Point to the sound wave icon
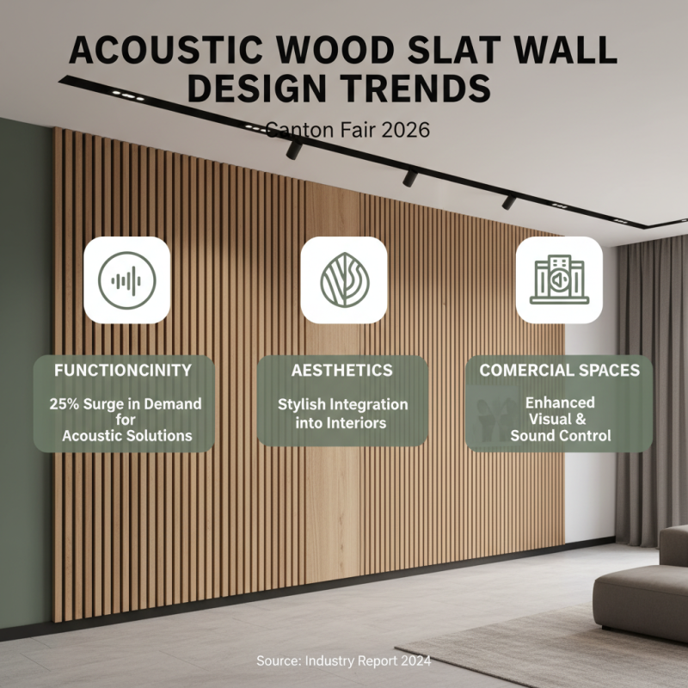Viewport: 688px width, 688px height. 127,279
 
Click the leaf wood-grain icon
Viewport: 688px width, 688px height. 344,279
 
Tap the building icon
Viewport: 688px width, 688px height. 560,279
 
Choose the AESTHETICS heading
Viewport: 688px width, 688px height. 343,371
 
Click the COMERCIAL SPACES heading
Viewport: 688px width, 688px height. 560,371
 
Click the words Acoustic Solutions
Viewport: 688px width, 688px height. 127,436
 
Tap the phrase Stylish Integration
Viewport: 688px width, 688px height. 343,404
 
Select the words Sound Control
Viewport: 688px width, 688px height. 560,436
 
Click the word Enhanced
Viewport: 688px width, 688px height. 560,402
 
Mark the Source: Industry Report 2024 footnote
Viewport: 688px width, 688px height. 343,660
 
